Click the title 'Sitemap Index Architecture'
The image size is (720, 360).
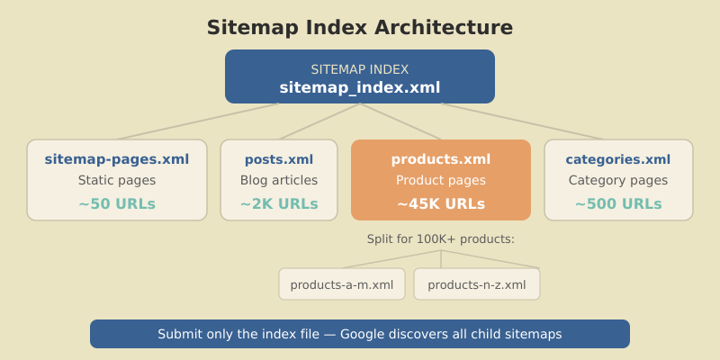tap(360, 28)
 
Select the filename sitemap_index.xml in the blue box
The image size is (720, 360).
tap(360, 87)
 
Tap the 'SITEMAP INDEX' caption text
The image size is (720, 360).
tap(360, 69)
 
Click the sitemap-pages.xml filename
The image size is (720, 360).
tap(117, 159)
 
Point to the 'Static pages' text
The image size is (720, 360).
tap(117, 180)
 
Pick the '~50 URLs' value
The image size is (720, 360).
tap(117, 204)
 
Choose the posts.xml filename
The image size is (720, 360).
tap(279, 159)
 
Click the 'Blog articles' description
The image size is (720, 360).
tap(279, 180)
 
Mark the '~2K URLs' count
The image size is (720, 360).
tap(279, 204)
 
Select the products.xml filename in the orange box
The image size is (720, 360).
tap(441, 159)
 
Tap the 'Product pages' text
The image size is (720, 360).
tap(441, 180)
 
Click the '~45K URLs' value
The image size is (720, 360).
tap(441, 204)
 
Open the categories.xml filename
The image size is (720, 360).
tap(618, 159)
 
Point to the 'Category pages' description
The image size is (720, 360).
tap(618, 180)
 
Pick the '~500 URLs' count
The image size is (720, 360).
tap(618, 204)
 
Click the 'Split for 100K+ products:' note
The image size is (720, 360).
tap(441, 239)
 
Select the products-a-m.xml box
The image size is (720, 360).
tap(342, 284)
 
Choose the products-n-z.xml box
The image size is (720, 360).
tap(477, 284)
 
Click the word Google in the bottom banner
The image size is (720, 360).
tap(365, 334)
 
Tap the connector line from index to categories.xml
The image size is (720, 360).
tap(522, 121)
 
